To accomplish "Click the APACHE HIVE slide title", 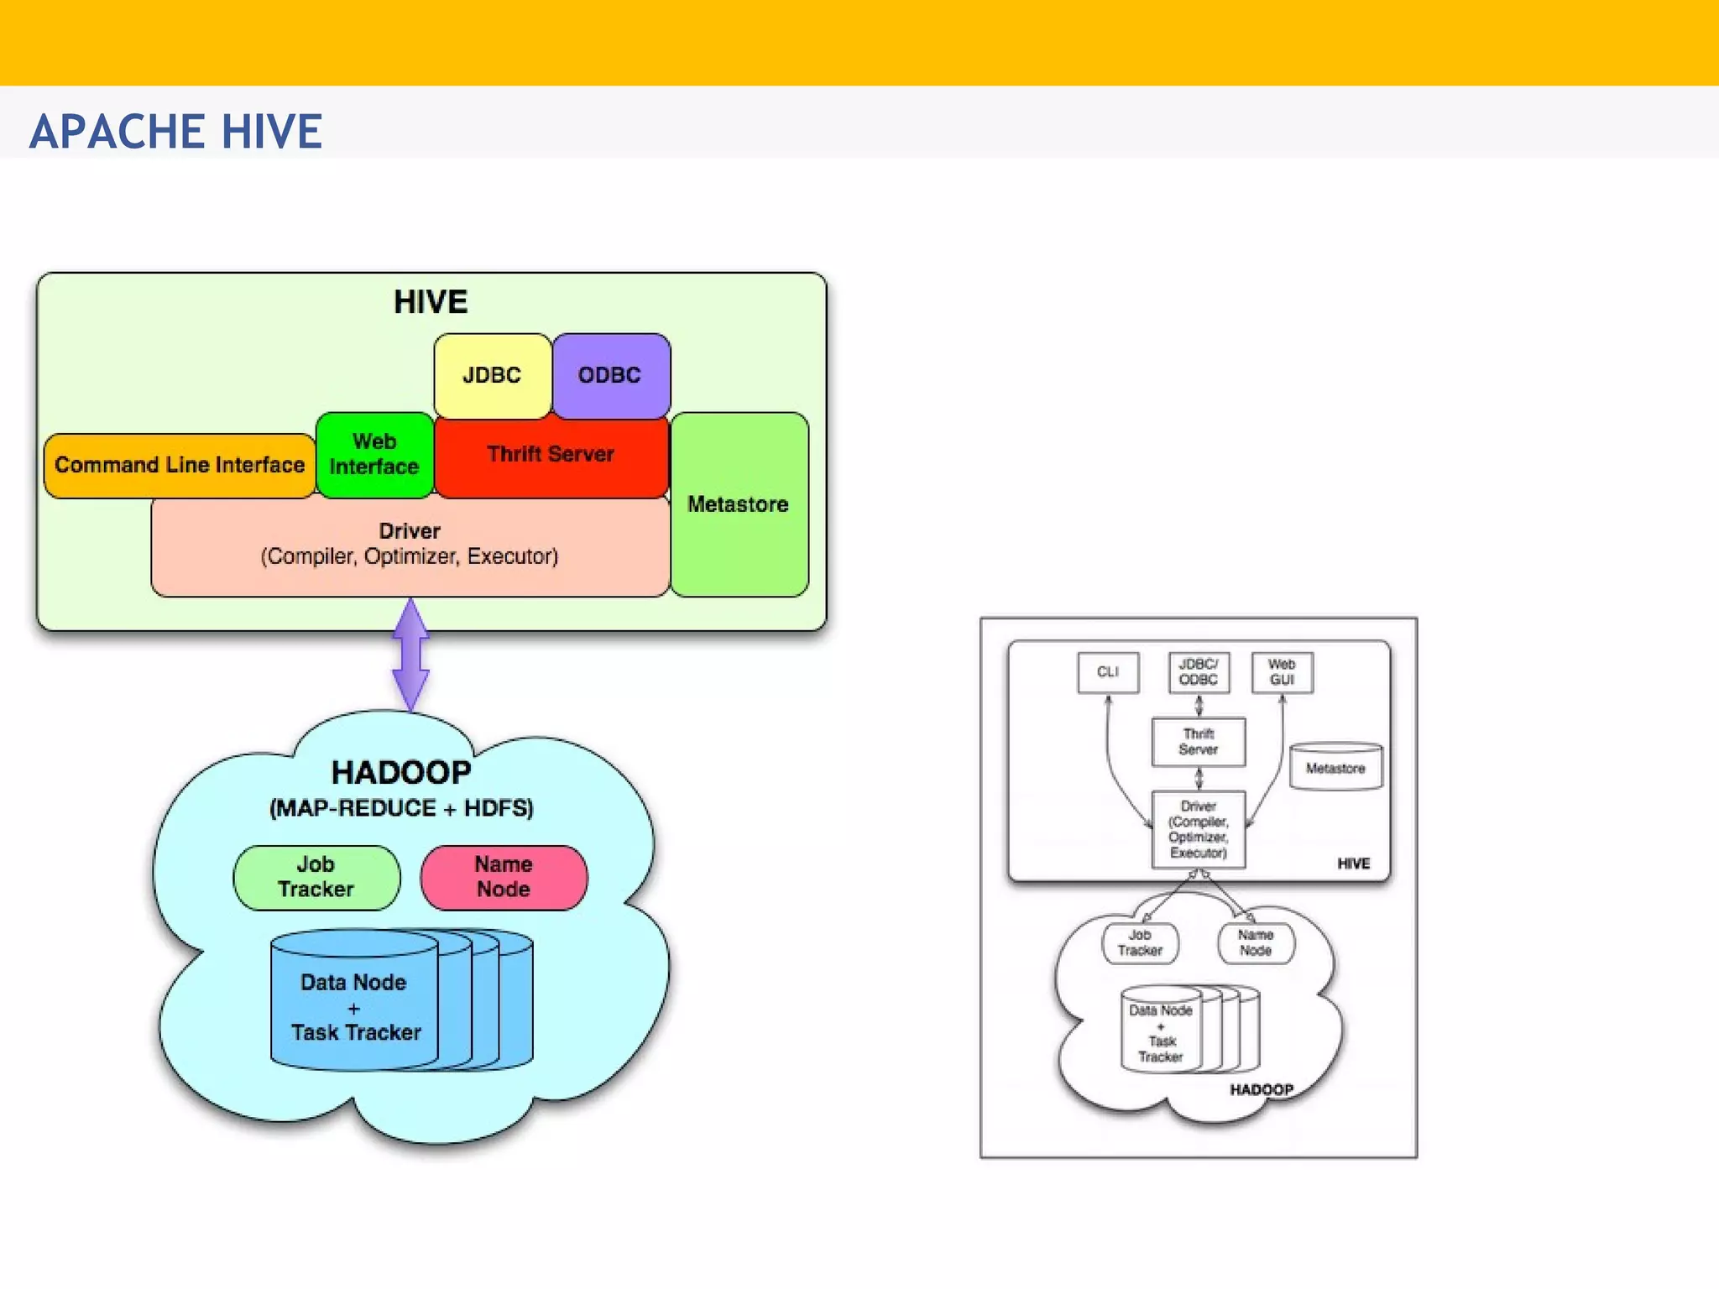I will click(x=175, y=132).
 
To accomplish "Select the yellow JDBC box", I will click(x=492, y=375).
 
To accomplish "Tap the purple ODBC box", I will click(x=610, y=375).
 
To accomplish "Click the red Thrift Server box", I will click(x=551, y=455).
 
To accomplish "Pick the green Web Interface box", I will click(x=374, y=455).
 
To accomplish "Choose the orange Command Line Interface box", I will click(x=180, y=465).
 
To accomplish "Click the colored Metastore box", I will click(x=739, y=504).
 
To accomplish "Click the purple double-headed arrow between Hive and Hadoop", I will click(x=411, y=655).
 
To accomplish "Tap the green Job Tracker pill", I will click(x=316, y=877).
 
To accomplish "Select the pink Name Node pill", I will click(x=504, y=877).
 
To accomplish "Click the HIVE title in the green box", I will click(x=431, y=302).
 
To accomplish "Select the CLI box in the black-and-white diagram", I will click(x=1108, y=672).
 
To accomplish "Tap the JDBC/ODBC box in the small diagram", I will click(x=1199, y=672).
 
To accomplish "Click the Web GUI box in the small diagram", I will click(x=1282, y=672).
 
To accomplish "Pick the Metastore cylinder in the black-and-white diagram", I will click(x=1335, y=768).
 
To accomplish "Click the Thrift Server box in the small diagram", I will click(x=1199, y=742).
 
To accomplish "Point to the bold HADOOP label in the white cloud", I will click(x=1262, y=1089).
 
